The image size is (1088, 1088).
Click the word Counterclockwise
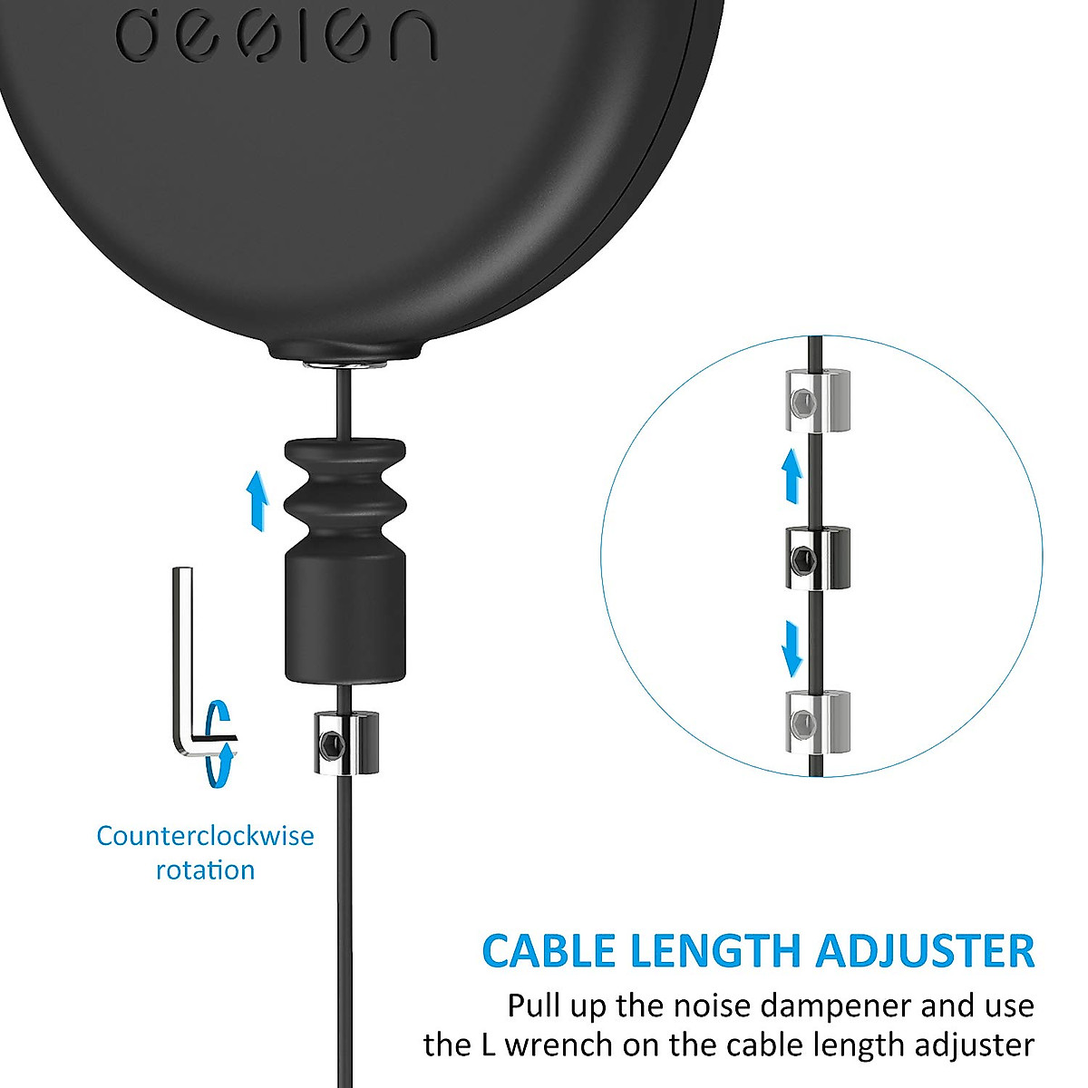[x=205, y=835]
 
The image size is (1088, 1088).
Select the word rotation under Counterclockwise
[x=205, y=870]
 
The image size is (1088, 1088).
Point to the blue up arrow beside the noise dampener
[x=257, y=500]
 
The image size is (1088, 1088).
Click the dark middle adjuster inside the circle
[x=816, y=558]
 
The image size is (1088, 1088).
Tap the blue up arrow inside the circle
[x=792, y=477]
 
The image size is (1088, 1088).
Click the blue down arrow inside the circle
[x=792, y=647]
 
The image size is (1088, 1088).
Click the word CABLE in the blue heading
[x=549, y=951]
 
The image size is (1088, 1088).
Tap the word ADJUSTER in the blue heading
[x=924, y=951]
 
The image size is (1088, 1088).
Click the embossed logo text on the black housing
[x=277, y=36]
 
